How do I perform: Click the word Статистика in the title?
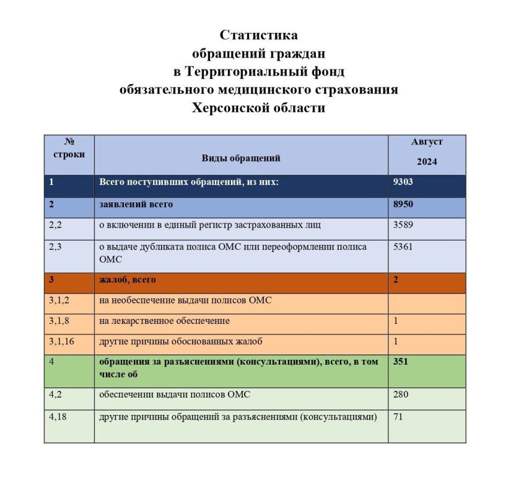258,35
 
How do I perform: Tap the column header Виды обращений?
241,159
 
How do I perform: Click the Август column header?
427,142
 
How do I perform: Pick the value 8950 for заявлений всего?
403,204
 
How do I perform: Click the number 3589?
403,225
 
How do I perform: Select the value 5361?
403,247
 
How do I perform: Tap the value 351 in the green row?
401,362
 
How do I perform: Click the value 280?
400,395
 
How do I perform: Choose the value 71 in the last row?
398,417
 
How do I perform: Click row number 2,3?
55,247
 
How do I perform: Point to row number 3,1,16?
60,342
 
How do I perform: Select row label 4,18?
57,417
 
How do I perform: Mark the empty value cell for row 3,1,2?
427,300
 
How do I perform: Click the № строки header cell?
69,148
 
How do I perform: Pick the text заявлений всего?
136,204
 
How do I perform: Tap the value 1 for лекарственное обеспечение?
396,321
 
